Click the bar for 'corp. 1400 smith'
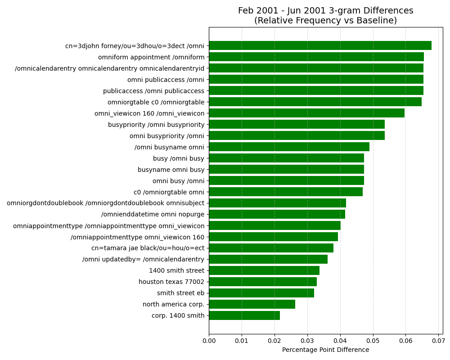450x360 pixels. pyautogui.click(x=244, y=315)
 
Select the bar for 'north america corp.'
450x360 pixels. pyautogui.click(x=252, y=304)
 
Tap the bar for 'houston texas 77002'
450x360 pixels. pyautogui.click(x=263, y=282)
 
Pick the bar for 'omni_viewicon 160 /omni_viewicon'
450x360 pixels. pyautogui.click(x=307, y=113)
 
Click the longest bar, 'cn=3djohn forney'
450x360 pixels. pyautogui.click(x=320, y=45)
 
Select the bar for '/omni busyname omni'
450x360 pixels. pyautogui.click(x=289, y=147)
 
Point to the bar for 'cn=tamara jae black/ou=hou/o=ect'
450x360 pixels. pyautogui.click(x=271, y=248)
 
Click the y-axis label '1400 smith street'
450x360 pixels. pyautogui.click(x=176, y=271)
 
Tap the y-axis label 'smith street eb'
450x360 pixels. pyautogui.click(x=180, y=293)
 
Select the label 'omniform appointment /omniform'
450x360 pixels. pyautogui.click(x=151, y=58)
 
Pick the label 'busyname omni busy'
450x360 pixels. pyautogui.click(x=171, y=170)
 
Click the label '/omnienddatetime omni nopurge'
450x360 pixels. pyautogui.click(x=153, y=215)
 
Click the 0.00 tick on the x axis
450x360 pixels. pyautogui.click(x=209, y=341)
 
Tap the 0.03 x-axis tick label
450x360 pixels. pyautogui.click(x=307, y=341)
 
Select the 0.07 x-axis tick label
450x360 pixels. pyautogui.click(x=438, y=341)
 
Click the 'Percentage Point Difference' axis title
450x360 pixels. pyautogui.click(x=326, y=350)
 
